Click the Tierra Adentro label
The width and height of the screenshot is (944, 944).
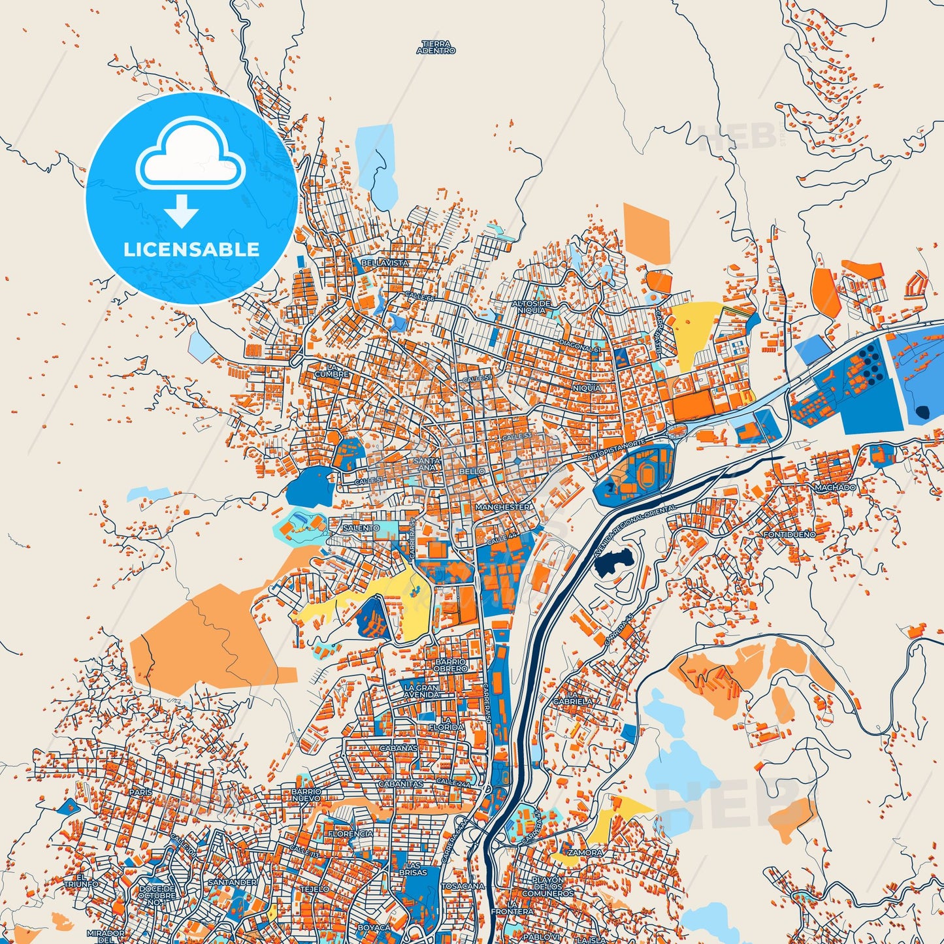(436, 46)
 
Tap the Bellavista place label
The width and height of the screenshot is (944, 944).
(385, 263)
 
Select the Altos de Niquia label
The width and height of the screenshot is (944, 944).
(530, 307)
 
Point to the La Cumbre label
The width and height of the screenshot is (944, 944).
(332, 370)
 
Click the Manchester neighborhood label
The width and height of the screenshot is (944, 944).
(502, 507)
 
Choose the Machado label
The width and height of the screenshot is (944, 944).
(835, 487)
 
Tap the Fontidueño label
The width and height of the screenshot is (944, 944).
(789, 534)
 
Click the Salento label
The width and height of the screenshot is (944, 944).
(361, 528)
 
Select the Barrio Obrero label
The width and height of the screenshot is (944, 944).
(451, 665)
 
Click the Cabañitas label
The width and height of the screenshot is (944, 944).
(401, 783)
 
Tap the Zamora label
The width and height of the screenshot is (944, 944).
(585, 853)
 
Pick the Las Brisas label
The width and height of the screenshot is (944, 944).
(413, 868)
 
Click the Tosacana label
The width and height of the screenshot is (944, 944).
(463, 886)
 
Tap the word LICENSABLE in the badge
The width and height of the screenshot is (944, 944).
(191, 249)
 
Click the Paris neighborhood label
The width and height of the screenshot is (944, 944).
(140, 792)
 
